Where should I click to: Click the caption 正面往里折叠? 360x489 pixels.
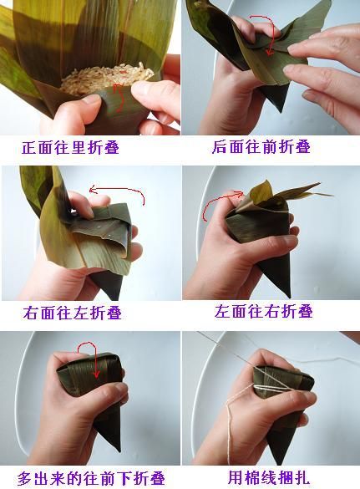point(71,147)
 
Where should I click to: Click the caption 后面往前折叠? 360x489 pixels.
point(261,146)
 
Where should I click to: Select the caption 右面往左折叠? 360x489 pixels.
point(73,313)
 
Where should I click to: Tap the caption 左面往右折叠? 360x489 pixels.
point(264,312)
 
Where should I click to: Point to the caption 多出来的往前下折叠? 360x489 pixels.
point(91,478)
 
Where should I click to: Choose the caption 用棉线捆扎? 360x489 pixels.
point(269,477)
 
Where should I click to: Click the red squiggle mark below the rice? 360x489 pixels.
point(119,97)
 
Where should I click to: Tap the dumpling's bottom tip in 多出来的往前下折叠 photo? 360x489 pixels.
point(119,451)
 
